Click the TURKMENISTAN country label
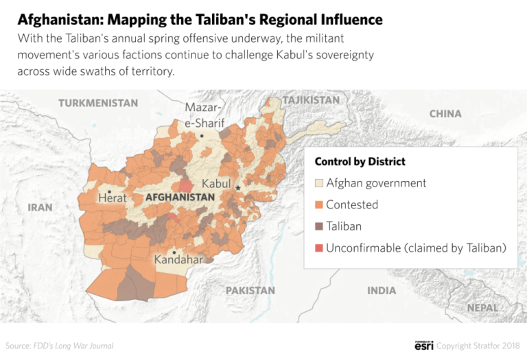(98, 103)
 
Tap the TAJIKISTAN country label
(310, 100)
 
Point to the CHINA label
(445, 113)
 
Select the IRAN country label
(40, 206)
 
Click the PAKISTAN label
(250, 290)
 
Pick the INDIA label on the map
(382, 290)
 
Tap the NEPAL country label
(483, 308)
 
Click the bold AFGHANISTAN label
(180, 197)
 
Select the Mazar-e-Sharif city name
(204, 115)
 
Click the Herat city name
(113, 198)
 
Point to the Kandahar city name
(178, 260)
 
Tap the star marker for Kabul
(238, 187)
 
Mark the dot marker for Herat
(109, 191)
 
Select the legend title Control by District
(360, 162)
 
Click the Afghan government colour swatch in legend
(319, 183)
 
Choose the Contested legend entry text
(352, 204)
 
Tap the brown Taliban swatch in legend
(319, 226)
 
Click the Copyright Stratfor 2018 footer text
(478, 346)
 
